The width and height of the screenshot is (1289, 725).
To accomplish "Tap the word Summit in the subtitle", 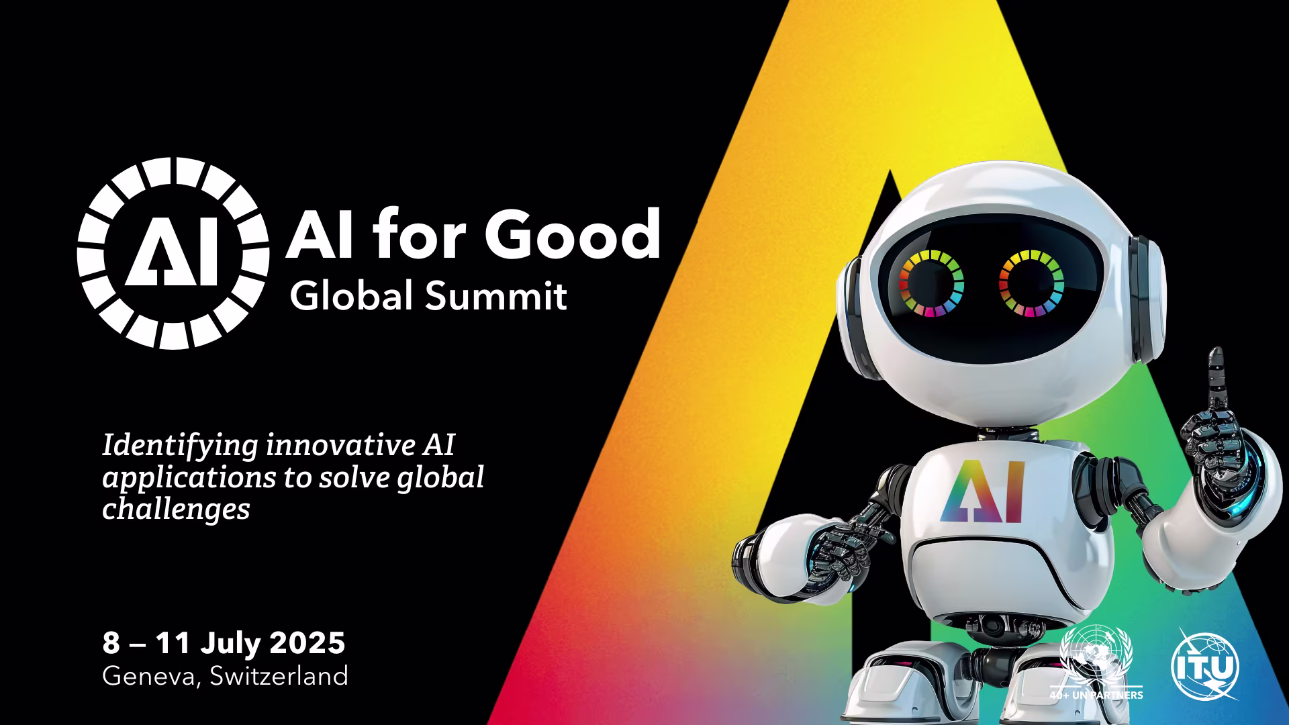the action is click(497, 295).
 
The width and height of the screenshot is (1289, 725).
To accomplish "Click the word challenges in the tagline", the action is click(176, 509).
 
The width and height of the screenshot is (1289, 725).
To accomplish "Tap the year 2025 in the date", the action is click(307, 643).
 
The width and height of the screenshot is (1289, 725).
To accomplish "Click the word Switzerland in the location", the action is click(279, 675).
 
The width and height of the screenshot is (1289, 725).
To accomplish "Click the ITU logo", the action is click(1205, 665).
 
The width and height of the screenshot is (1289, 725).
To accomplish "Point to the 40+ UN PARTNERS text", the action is click(1096, 695).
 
